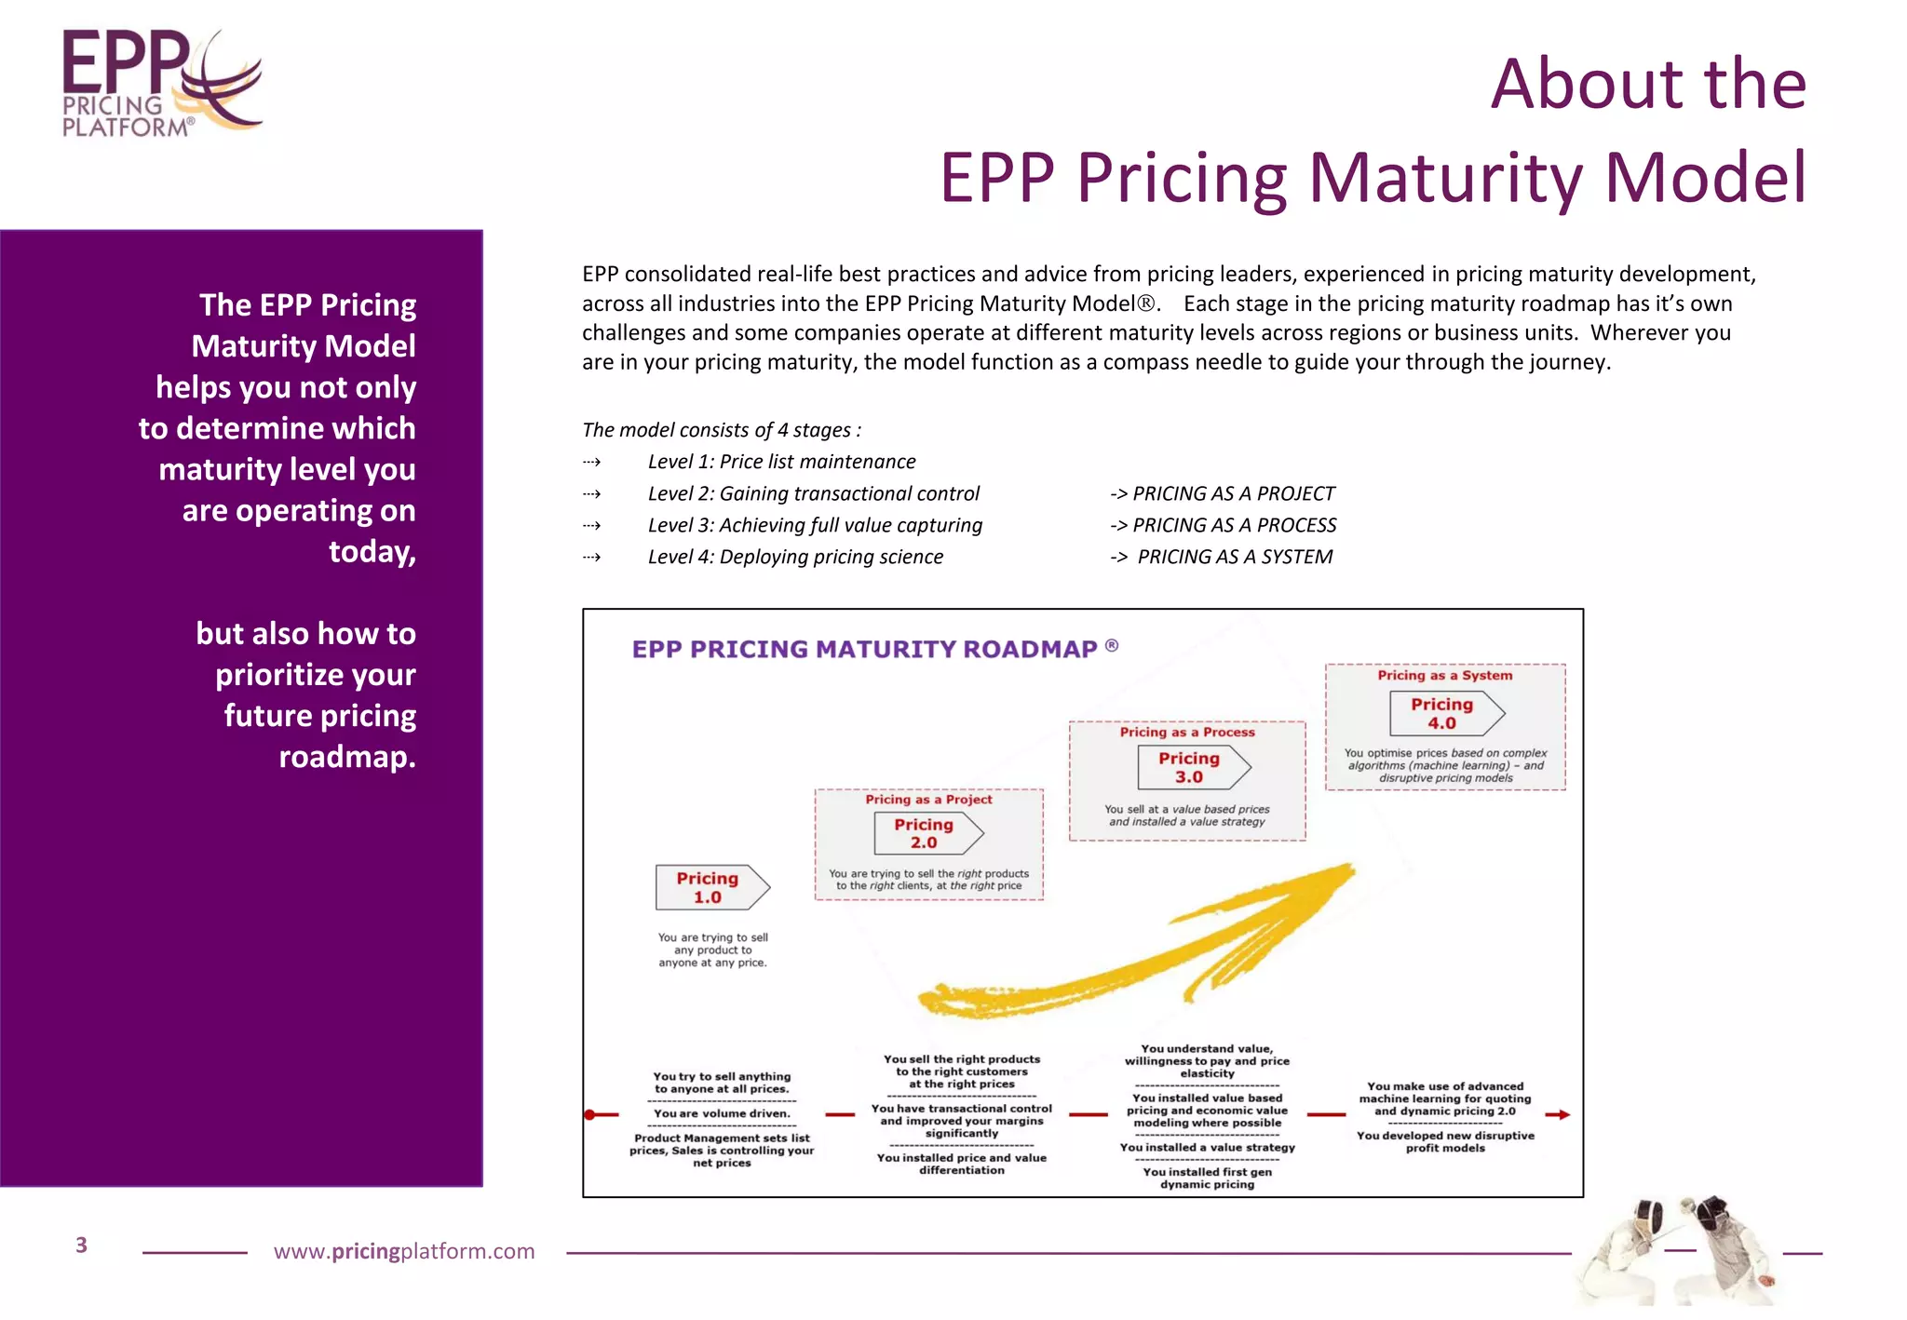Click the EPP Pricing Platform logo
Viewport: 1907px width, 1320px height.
[160, 84]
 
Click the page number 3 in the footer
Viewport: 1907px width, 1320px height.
[81, 1245]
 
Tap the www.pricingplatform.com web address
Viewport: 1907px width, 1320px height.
[404, 1251]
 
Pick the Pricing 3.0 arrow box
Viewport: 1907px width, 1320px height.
[1193, 767]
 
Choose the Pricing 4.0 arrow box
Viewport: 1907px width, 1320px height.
[1446, 713]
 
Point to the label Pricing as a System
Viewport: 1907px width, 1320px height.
[1444, 675]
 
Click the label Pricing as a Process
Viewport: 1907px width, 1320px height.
[1186, 732]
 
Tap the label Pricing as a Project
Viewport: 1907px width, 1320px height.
[928, 799]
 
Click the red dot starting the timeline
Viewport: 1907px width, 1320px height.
[589, 1114]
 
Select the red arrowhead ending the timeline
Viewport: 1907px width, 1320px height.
[1564, 1114]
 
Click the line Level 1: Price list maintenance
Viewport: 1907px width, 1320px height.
[781, 462]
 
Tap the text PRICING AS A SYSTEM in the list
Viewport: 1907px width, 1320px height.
[1234, 557]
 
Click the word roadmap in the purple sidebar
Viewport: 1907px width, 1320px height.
[346, 757]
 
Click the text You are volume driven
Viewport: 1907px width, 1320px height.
[721, 1113]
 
